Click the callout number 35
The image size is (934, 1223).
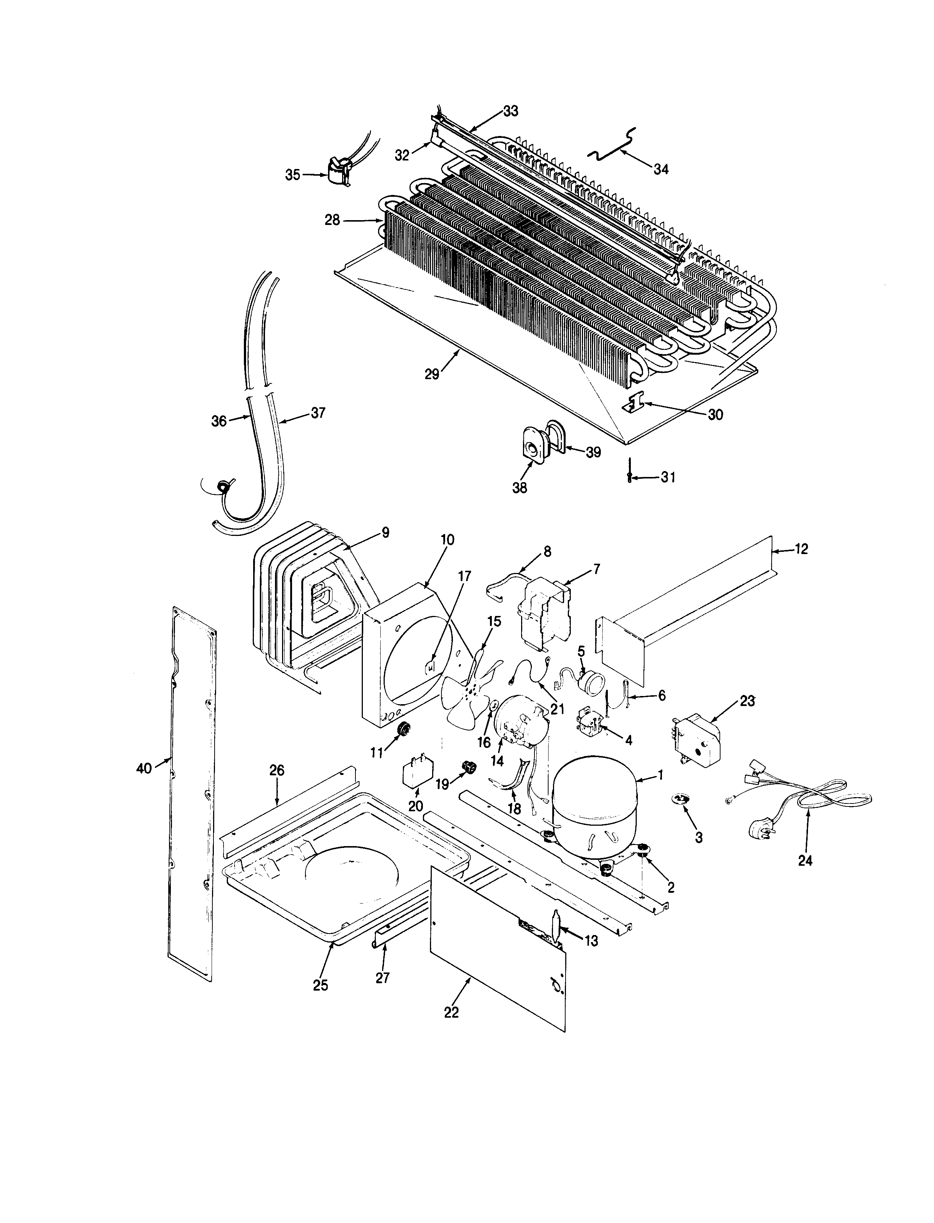click(292, 175)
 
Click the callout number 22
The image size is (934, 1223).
click(451, 1012)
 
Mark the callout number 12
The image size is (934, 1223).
click(801, 549)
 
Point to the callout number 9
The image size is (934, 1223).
click(385, 533)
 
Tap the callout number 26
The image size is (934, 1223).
click(277, 770)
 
